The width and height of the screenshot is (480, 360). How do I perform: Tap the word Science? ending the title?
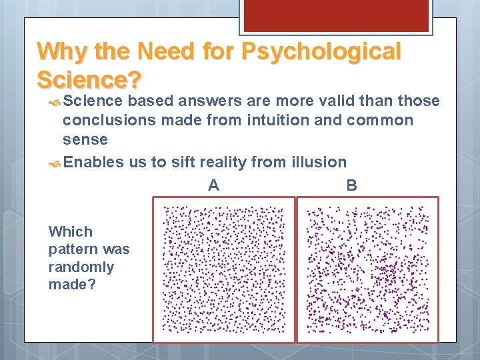[x=89, y=79]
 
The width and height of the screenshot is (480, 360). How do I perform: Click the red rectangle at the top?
[x=335, y=15]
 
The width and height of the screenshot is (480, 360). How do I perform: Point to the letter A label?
[x=213, y=185]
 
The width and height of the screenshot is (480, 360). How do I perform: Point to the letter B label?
[x=351, y=185]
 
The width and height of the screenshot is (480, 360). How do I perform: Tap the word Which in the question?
[x=71, y=232]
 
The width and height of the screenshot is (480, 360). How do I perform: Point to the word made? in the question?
[x=71, y=285]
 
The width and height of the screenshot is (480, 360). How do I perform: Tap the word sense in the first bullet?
[x=85, y=140]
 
